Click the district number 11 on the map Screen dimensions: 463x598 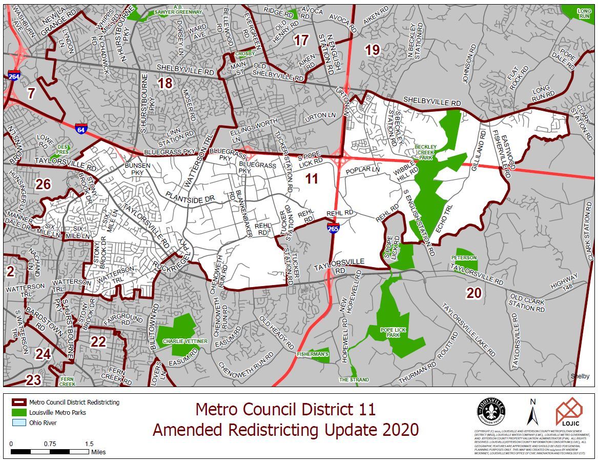coord(312,179)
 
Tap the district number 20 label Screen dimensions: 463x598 coord(473,293)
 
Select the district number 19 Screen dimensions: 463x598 coord(372,50)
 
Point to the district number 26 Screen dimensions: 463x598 coord(43,184)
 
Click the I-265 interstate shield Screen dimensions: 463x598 coord(333,229)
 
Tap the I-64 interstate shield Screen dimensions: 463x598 coord(80,129)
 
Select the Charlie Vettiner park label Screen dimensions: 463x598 coord(178,341)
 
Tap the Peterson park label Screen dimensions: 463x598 coord(464,257)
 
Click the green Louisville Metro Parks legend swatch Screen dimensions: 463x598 coord(18,412)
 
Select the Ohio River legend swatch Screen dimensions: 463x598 coord(18,422)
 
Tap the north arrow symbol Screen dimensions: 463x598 coord(532,412)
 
